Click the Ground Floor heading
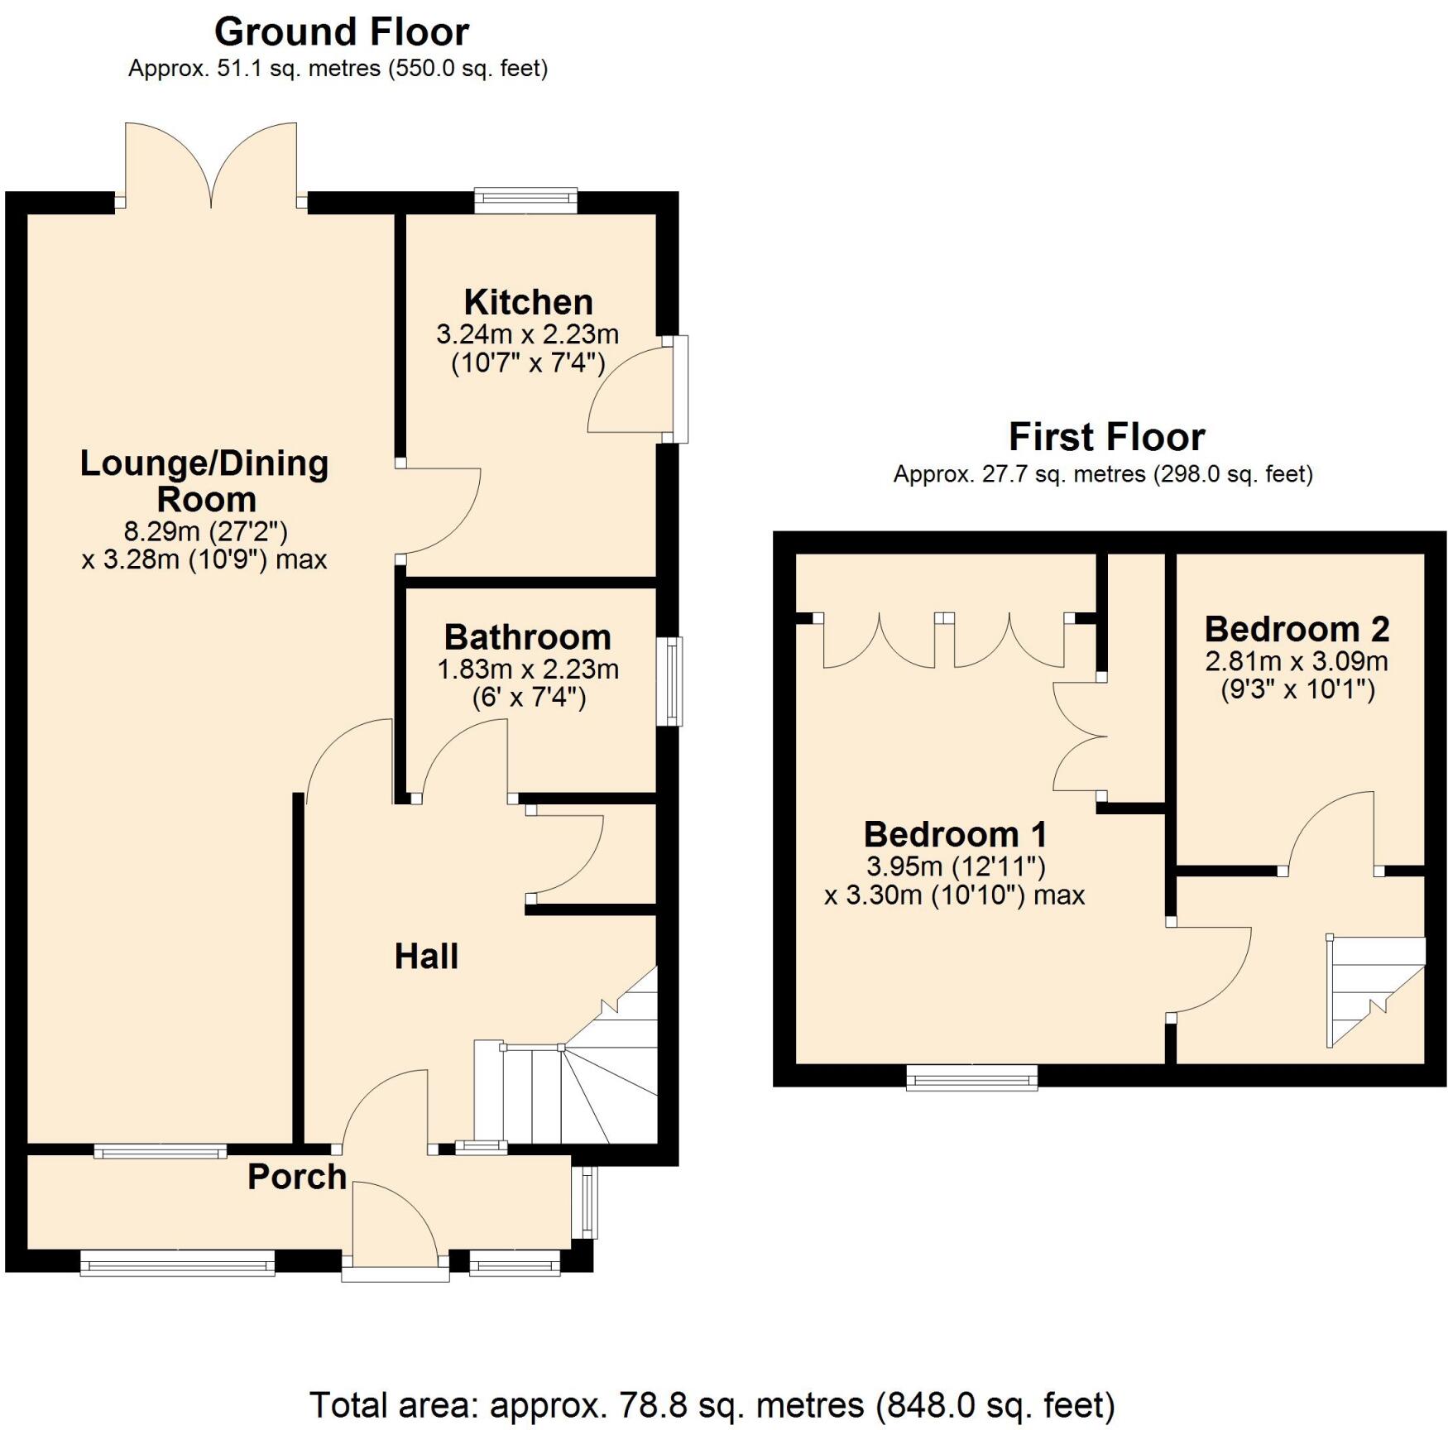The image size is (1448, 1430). click(341, 33)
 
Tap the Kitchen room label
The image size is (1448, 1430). click(528, 302)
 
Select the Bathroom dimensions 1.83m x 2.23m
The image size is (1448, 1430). click(528, 669)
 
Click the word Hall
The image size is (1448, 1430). click(426, 957)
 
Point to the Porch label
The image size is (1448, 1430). click(296, 1177)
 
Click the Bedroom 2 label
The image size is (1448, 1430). click(1296, 629)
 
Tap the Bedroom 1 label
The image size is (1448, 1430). click(955, 833)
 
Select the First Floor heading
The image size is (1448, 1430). click(1106, 437)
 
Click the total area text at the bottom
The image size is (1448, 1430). click(712, 1405)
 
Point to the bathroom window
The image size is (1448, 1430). click(670, 681)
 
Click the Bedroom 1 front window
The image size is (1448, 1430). click(971, 1077)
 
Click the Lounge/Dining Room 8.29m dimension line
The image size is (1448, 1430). click(204, 530)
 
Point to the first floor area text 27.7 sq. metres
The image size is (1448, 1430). click(1102, 474)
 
